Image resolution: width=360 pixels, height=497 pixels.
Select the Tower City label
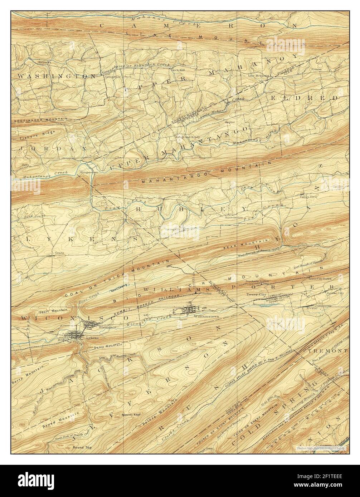point(254,295)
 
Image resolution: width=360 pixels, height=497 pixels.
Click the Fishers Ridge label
point(25,136)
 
